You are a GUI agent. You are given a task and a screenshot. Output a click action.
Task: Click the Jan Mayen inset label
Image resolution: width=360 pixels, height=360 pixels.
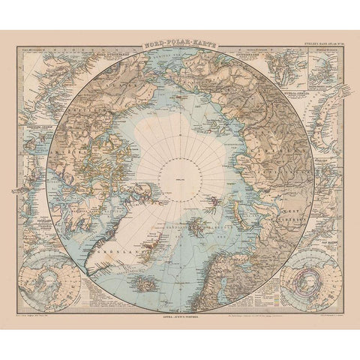[x=325, y=224]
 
